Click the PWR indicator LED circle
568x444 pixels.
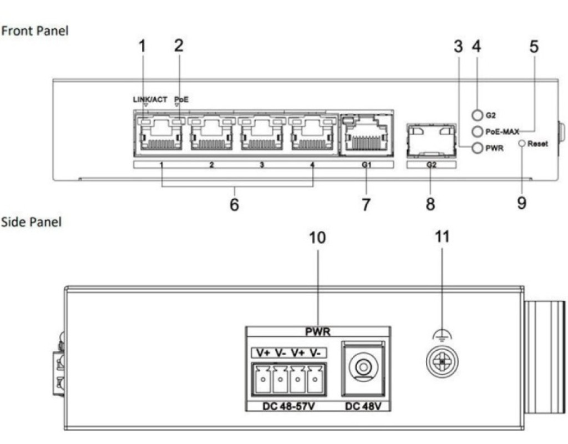[477, 148]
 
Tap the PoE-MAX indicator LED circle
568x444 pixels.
[477, 132]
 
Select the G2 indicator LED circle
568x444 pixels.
[477, 115]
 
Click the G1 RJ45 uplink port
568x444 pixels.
[366, 135]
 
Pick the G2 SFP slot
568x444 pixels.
[430, 139]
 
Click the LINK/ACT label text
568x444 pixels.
[149, 99]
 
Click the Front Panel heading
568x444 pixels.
[34, 31]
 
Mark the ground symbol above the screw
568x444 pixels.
[441, 335]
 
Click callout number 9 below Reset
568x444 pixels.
[522, 203]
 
